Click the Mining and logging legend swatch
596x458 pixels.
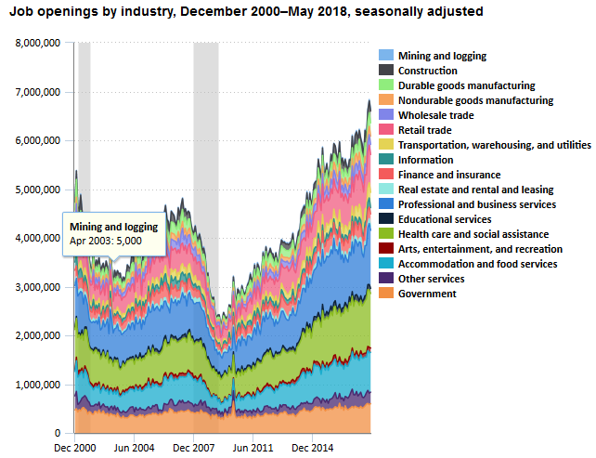[x=386, y=56]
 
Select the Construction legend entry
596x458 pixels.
[x=427, y=71]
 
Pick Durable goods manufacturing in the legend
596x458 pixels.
[x=466, y=85]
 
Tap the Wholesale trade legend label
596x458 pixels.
[x=435, y=115]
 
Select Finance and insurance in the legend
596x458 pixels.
[x=448, y=175]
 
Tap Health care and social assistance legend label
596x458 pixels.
[x=473, y=234]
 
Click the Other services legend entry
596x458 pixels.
[x=431, y=279]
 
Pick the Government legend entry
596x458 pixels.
[x=427, y=294]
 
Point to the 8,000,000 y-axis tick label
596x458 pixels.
[x=39, y=44]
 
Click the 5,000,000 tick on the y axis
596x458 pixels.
[x=39, y=190]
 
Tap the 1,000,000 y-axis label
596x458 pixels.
[x=39, y=385]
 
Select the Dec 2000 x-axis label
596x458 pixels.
[x=74, y=448]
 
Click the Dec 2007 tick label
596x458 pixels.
[x=193, y=448]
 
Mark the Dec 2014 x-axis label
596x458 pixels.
[x=312, y=448]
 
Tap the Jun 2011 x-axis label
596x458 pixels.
[x=253, y=448]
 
